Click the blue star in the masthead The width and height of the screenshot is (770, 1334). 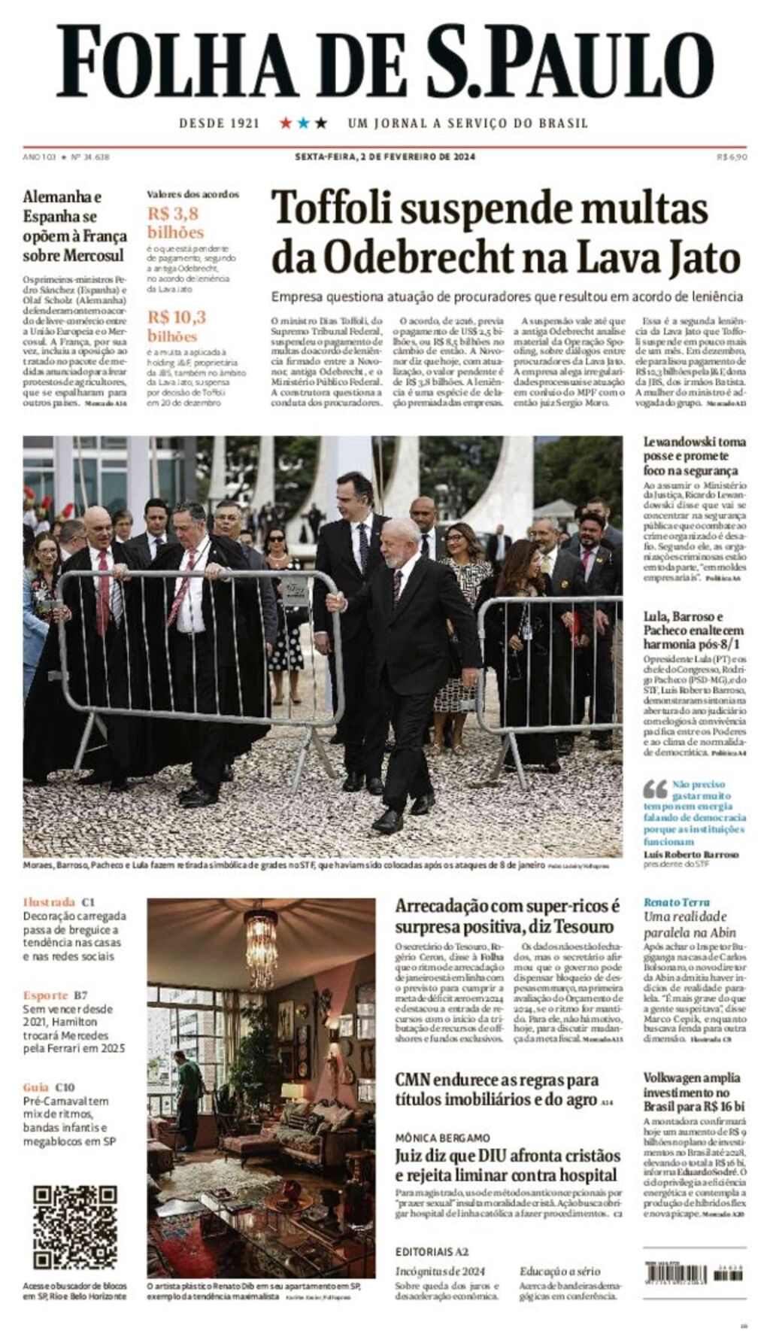pos(303,123)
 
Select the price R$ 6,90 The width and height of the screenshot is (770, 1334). pos(732,157)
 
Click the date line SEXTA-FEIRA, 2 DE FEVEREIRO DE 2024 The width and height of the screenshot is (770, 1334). pos(384,157)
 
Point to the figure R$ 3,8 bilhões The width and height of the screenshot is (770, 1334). pos(175,222)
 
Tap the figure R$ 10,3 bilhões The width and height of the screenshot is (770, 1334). pos(176,326)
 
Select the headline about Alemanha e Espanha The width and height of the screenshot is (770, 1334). pos(74,226)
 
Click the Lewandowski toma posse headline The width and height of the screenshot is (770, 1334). pos(694,456)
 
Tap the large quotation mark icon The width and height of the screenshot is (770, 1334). pos(655,789)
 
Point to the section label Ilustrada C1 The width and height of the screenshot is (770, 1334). pos(59,901)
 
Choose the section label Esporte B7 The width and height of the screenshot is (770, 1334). pos(55,995)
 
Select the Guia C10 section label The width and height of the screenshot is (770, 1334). pos(49,1087)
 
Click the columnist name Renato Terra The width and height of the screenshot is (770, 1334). pos(676,901)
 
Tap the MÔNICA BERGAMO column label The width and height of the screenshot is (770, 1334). pos(442,1138)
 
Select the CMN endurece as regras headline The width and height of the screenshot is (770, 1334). pos(497,1089)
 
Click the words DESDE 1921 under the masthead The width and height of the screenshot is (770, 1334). pos(219,123)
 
